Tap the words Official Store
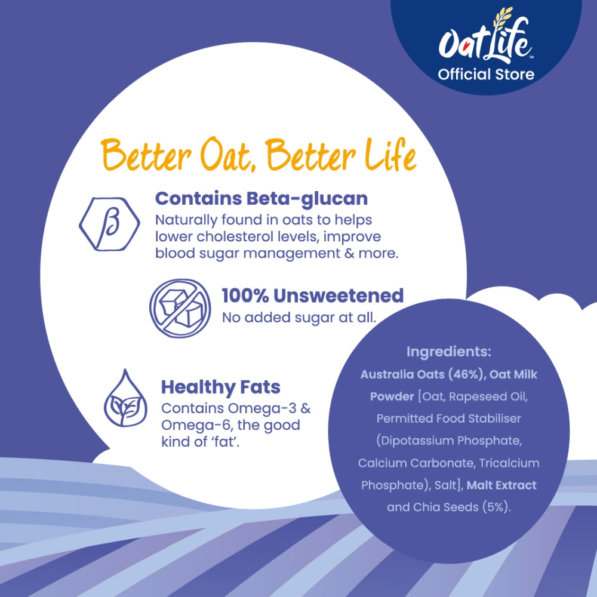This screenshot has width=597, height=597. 486,74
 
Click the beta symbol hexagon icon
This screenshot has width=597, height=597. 109,224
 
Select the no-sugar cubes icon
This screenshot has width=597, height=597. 180,308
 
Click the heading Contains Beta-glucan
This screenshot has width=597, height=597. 261,199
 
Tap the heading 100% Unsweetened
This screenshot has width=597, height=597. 313,296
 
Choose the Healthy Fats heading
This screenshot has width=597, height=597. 221,387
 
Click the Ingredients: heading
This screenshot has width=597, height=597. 449,352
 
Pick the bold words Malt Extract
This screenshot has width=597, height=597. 501,485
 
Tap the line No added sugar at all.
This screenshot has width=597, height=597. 299,318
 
